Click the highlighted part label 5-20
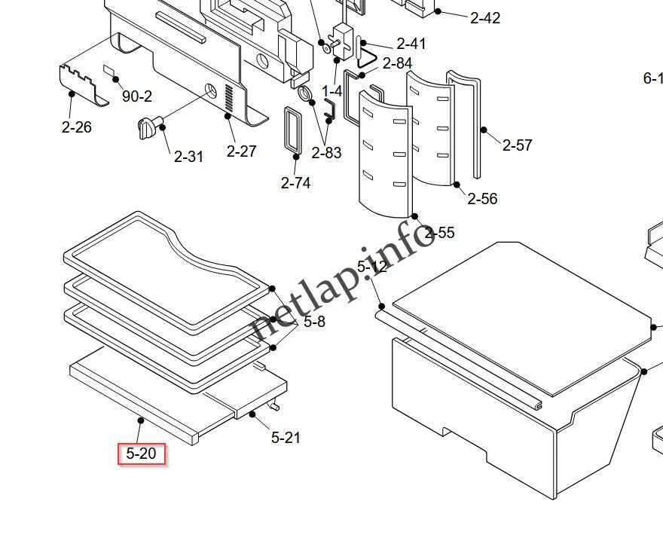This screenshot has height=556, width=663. pyautogui.click(x=142, y=454)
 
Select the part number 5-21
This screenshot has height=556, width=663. pyautogui.click(x=286, y=437)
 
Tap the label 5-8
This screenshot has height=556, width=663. pyautogui.click(x=314, y=322)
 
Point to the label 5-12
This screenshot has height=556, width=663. pyautogui.click(x=371, y=267)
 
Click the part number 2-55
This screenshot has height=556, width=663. pyautogui.click(x=439, y=233)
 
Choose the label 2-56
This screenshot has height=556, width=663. pyautogui.click(x=482, y=199)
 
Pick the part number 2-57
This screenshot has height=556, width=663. pyautogui.click(x=517, y=145)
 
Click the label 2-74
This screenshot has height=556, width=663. pyautogui.click(x=295, y=182)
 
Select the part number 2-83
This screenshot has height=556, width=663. pyautogui.click(x=326, y=153)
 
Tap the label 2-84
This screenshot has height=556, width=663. pyautogui.click(x=397, y=63)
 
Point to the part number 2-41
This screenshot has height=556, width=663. pyautogui.click(x=411, y=44)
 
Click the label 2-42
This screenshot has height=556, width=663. pyautogui.click(x=485, y=18)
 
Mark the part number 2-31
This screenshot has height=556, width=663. pyautogui.click(x=188, y=157)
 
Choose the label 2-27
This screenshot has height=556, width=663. pyautogui.click(x=242, y=151)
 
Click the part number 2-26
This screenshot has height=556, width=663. pyautogui.click(x=76, y=127)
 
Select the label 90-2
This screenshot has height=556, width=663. pyautogui.click(x=136, y=96)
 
